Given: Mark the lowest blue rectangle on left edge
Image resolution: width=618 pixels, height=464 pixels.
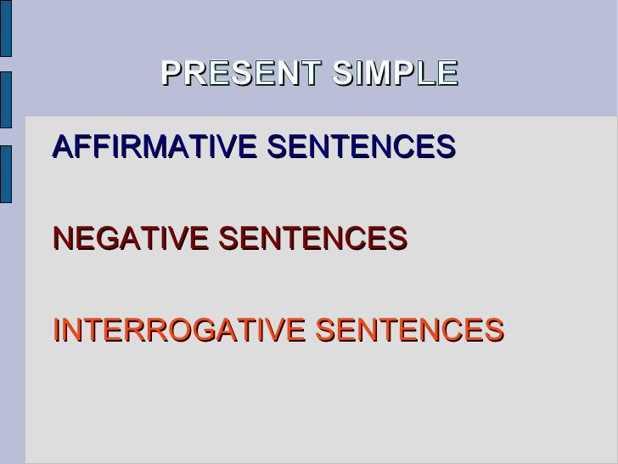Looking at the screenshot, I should [5, 175].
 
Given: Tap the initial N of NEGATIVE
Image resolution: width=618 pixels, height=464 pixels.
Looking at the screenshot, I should [61, 239].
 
